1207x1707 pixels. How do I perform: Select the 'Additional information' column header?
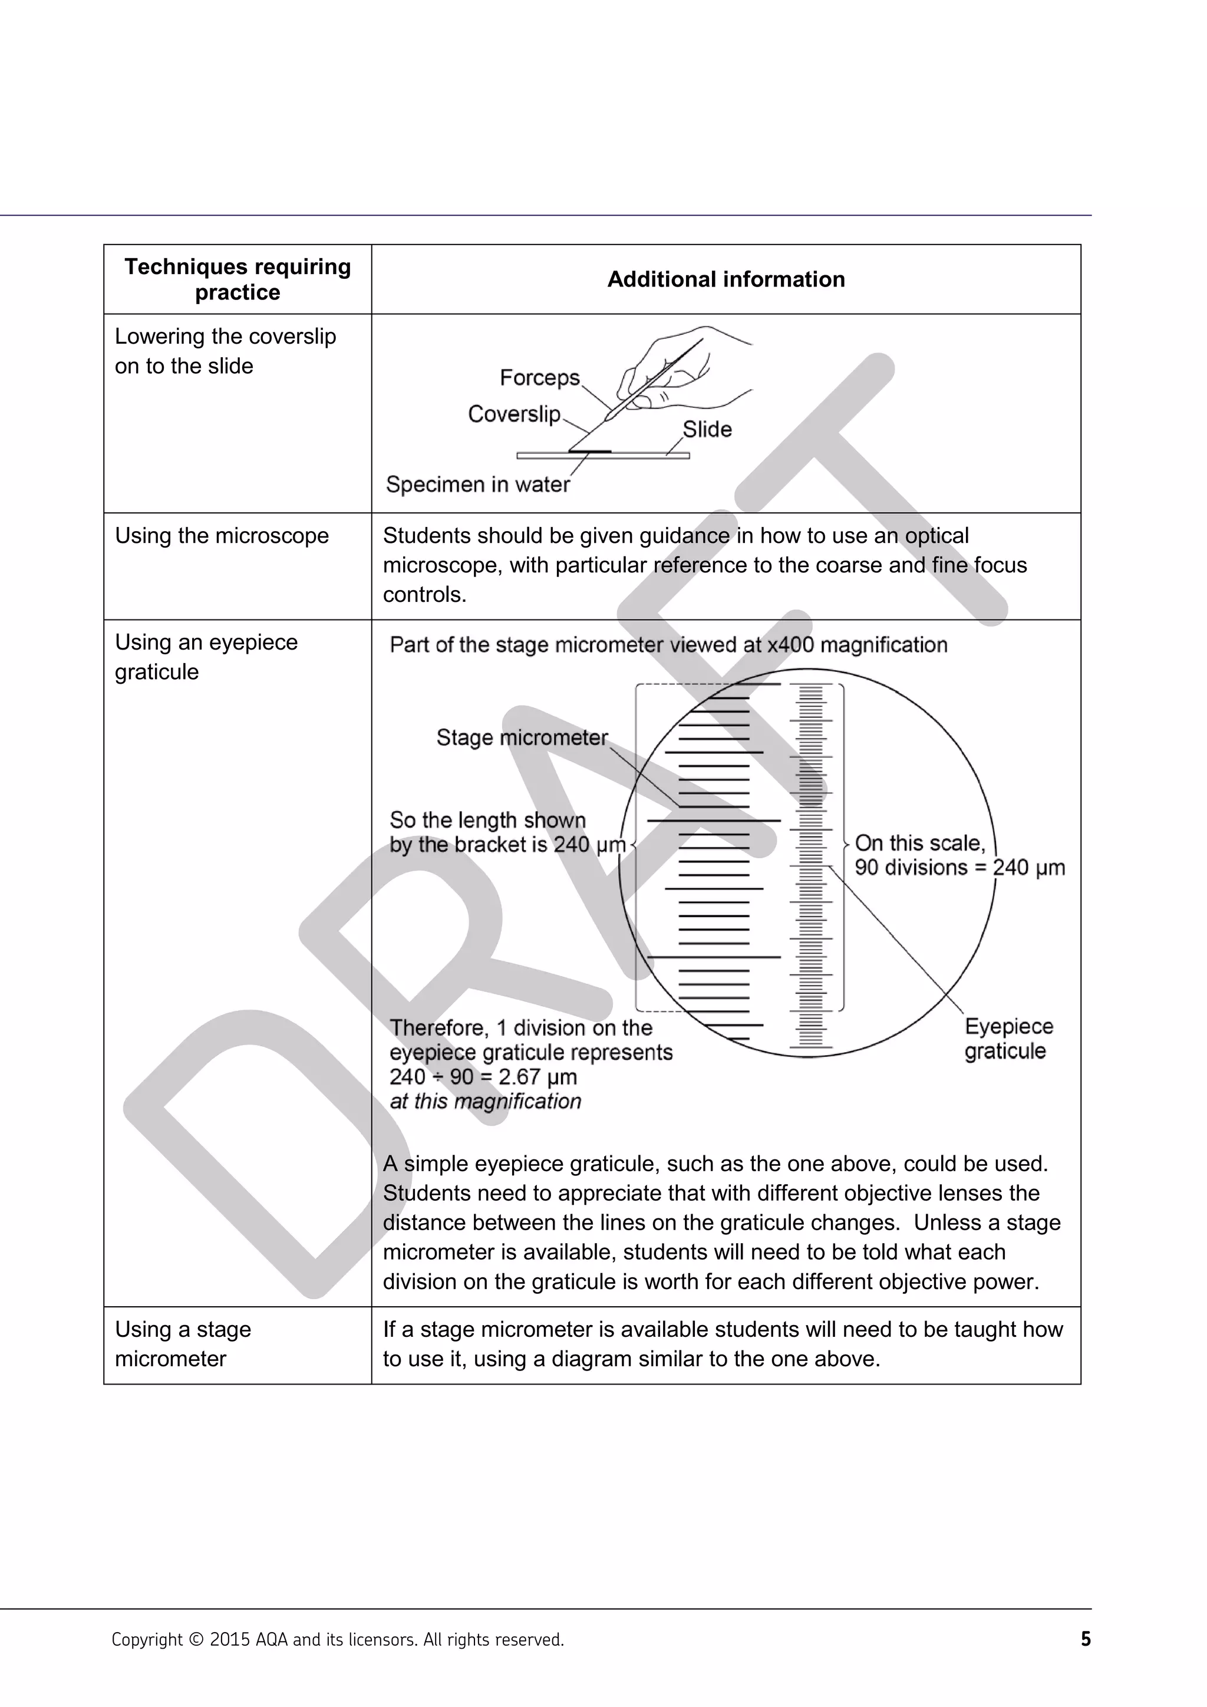click(x=725, y=279)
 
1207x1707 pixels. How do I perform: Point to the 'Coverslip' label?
click(x=513, y=414)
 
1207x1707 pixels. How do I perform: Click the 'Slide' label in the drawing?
click(x=707, y=429)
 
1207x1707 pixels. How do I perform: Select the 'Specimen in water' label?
click(x=477, y=485)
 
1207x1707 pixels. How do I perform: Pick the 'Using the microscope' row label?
click(x=222, y=535)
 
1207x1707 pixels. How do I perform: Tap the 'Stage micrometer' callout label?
click(x=522, y=737)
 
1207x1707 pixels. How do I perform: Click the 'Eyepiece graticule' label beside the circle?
click(x=1008, y=1039)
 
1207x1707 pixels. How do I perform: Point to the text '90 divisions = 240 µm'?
click(x=959, y=868)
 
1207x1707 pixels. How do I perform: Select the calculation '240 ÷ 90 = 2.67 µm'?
click(x=483, y=1077)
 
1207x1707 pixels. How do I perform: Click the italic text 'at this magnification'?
click(x=485, y=1102)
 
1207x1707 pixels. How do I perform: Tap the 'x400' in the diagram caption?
click(x=791, y=645)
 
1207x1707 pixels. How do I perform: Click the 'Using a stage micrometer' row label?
click(x=183, y=1343)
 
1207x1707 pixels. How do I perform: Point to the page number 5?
click(x=1085, y=1639)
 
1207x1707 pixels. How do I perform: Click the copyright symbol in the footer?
click(x=196, y=1640)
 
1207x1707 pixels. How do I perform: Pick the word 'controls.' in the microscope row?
click(x=424, y=595)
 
